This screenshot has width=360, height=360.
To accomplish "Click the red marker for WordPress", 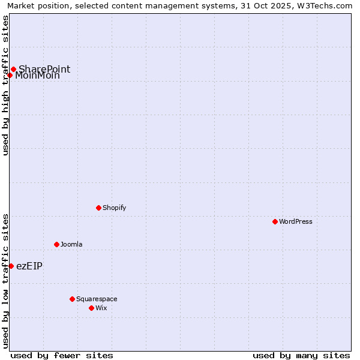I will click(275, 221).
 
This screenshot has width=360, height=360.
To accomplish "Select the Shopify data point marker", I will click(98, 208).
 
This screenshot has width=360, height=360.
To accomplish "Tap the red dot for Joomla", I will click(56, 244).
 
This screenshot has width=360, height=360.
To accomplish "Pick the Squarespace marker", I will click(72, 299).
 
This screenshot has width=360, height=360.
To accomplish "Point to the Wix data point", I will click(91, 308).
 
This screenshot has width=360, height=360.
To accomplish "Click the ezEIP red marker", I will click(11, 266).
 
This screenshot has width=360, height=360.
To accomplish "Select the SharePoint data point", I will click(13, 69).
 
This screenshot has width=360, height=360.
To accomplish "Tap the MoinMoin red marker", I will click(10, 75).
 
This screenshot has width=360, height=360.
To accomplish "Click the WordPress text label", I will click(296, 221).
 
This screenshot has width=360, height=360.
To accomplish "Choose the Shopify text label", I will click(114, 208).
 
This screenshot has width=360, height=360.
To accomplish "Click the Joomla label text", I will click(71, 244).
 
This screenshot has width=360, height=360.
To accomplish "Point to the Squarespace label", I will click(97, 299).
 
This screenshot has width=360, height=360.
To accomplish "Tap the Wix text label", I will click(101, 308).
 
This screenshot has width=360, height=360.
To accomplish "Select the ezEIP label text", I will click(29, 266).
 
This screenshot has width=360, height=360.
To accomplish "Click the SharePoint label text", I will click(44, 69).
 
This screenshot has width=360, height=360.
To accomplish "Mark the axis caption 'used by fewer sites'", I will click(62, 355).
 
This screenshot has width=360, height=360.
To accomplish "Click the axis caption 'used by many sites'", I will click(301, 355).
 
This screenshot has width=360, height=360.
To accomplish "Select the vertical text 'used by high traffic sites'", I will click(5, 85).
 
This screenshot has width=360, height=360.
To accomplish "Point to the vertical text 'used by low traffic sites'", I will click(5, 281).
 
